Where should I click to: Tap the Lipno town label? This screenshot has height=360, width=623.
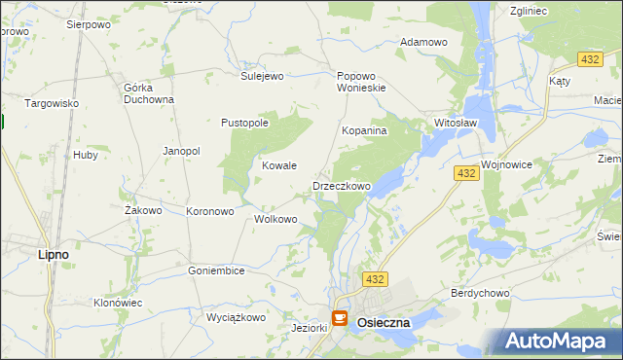coord(52,254)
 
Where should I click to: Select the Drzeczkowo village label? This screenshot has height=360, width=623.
coord(341,186)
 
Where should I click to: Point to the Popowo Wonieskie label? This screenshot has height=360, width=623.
coord(361,81)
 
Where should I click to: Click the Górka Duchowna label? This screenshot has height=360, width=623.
coord(149,92)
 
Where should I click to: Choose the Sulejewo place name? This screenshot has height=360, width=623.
coord(261,75)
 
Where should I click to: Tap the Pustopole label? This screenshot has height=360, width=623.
coord(244,123)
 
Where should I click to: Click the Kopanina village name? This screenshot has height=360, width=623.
coord(365,129)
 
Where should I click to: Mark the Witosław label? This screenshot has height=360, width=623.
coord(455,124)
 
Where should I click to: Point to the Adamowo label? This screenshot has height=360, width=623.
coord(423,43)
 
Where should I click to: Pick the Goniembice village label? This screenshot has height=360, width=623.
coord(216,270)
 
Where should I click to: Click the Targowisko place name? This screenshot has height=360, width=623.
coord(51,103)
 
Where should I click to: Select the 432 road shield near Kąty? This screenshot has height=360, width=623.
coord(588,60)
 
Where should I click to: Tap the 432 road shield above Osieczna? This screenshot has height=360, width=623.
coord(376,279)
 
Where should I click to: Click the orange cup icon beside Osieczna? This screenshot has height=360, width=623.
coord(340,317)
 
